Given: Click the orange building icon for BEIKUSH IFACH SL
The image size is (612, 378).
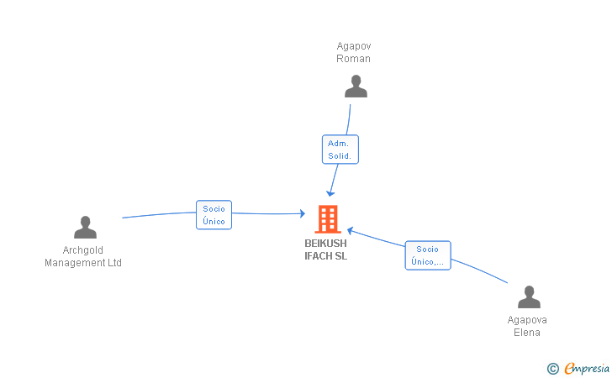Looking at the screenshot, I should (327, 219).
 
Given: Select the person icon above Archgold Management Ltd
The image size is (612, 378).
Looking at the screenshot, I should (85, 227).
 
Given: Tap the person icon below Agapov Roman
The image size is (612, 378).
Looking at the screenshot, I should (356, 87).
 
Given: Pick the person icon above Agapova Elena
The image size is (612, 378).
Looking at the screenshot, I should (528, 297).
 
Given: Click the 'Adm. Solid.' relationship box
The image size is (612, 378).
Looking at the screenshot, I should (340, 150).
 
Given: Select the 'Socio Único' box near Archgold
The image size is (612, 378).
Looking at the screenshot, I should (214, 215).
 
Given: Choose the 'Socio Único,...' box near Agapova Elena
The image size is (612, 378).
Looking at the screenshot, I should (427, 255).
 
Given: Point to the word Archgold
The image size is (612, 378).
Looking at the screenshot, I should (83, 250).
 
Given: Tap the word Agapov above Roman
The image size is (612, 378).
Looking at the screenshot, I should (353, 46).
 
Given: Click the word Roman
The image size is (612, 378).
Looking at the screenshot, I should (353, 59).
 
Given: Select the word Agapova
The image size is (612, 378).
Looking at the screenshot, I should (527, 320).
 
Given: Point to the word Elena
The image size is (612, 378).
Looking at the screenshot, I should (527, 333).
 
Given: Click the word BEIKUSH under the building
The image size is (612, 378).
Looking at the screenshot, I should (325, 244).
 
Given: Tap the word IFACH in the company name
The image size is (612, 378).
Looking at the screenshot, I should (319, 256).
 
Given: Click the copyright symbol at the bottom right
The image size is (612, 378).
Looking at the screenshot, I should (552, 368).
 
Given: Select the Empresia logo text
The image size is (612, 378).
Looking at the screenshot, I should (587, 368).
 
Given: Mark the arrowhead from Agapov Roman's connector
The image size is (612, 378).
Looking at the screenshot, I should (331, 192).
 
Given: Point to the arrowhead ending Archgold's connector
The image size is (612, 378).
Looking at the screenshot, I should (303, 214).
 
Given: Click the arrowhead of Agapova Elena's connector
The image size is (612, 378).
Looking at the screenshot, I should (351, 230).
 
